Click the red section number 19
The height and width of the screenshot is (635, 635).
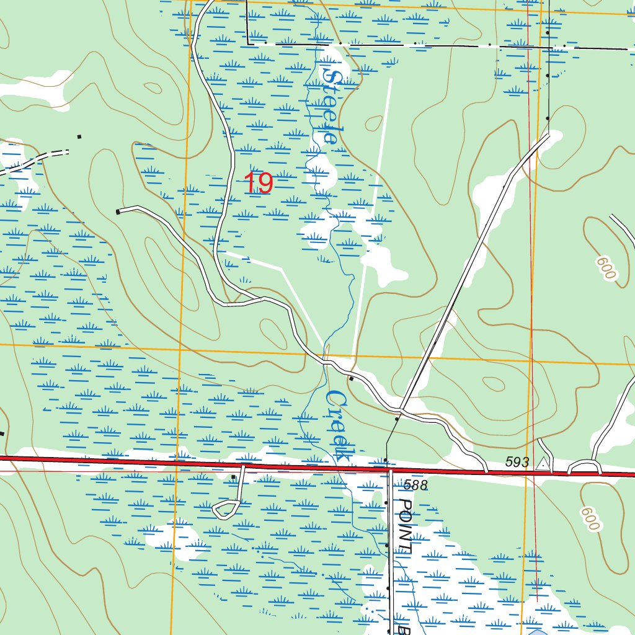258,184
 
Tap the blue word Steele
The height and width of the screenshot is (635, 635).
331,106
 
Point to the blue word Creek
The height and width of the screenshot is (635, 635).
338,425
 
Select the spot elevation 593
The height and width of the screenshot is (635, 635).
517,462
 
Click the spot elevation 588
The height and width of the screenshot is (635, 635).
415,485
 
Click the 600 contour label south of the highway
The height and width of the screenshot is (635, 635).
590,518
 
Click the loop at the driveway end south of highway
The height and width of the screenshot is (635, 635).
226,509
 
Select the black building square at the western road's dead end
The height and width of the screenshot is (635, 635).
118,212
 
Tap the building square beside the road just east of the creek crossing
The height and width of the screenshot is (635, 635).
351,378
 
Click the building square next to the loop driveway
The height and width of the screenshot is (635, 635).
233,477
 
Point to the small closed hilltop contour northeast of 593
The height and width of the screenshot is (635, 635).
494,383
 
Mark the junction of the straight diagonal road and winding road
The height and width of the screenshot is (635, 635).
401,410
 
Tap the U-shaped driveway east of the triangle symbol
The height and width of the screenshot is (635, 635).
584,465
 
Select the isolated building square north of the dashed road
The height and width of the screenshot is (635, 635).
79,136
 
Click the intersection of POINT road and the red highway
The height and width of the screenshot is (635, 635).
391,469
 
